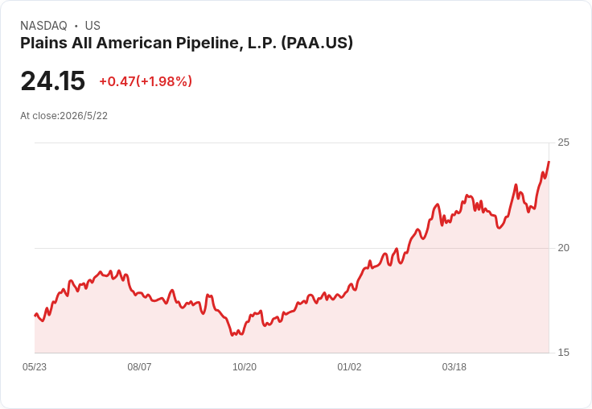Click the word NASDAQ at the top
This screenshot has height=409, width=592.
pos(43,26)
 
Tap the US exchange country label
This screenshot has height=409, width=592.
pos(92,26)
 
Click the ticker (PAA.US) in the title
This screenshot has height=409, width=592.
pos(317,43)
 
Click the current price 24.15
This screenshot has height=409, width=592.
pos(53,81)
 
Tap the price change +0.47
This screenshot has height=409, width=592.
pos(117,81)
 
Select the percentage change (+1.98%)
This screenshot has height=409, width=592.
pos(164,81)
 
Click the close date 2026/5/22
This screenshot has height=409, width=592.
pos(84,116)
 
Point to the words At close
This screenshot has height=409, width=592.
pos(39,116)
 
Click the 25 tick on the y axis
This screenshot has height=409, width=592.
pos(563,143)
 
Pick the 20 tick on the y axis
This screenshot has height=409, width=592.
pos(563,248)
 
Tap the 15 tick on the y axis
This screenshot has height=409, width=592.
pos(563,353)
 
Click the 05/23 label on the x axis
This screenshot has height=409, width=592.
pos(35,367)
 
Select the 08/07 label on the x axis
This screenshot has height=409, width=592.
pos(139,367)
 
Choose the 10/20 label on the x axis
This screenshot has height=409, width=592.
pos(245,367)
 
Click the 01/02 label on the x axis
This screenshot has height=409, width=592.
pos(349,367)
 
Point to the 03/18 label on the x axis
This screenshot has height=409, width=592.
pos(454,367)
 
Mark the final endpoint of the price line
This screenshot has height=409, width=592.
pos(549,162)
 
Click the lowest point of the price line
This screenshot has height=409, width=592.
pos(232,335)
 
